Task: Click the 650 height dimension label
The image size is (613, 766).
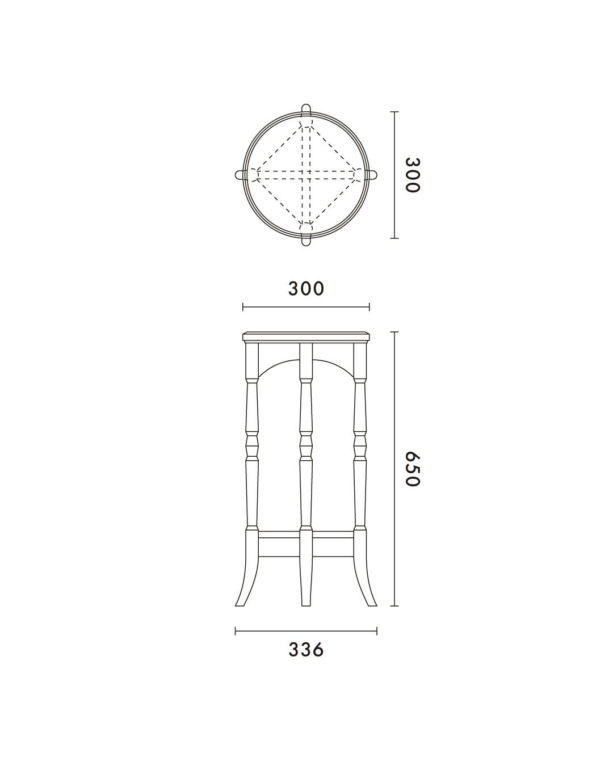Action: (x=413, y=469)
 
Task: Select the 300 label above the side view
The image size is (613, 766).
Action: (x=306, y=289)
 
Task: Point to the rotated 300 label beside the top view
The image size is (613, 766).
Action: (x=413, y=175)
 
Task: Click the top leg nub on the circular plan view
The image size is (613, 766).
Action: (x=306, y=110)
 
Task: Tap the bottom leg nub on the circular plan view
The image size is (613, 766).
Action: (x=306, y=240)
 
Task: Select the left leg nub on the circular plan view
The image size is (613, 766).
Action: (x=241, y=175)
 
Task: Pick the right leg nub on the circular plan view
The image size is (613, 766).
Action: (x=371, y=175)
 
